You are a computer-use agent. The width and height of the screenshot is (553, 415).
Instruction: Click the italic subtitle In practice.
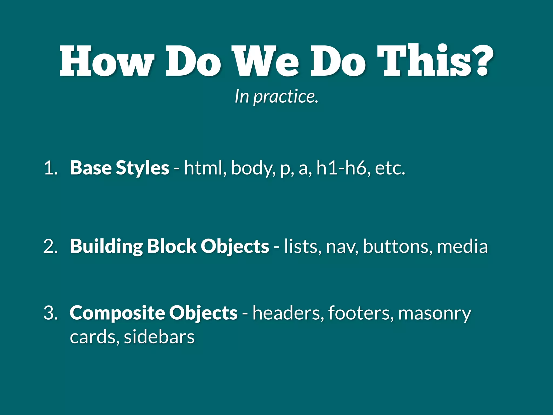click(x=276, y=96)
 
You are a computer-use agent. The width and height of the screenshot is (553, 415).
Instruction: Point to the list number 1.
click(x=50, y=168)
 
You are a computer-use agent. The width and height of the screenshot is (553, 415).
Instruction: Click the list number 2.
click(x=50, y=246)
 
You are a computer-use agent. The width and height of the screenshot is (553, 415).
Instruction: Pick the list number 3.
click(x=50, y=313)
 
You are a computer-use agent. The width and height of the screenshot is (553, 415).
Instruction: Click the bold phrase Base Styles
click(x=119, y=168)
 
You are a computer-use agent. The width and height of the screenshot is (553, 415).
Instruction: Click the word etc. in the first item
click(x=390, y=168)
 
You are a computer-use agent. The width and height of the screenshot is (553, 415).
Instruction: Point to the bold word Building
click(x=106, y=246)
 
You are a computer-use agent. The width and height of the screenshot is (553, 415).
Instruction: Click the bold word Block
click(x=172, y=246)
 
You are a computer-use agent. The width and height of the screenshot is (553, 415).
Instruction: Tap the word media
click(x=462, y=246)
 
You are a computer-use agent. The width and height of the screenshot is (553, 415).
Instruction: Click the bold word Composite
click(x=117, y=313)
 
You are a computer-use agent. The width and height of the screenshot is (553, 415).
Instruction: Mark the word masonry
click(x=434, y=314)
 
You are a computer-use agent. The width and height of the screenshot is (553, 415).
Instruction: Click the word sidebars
click(x=159, y=337)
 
